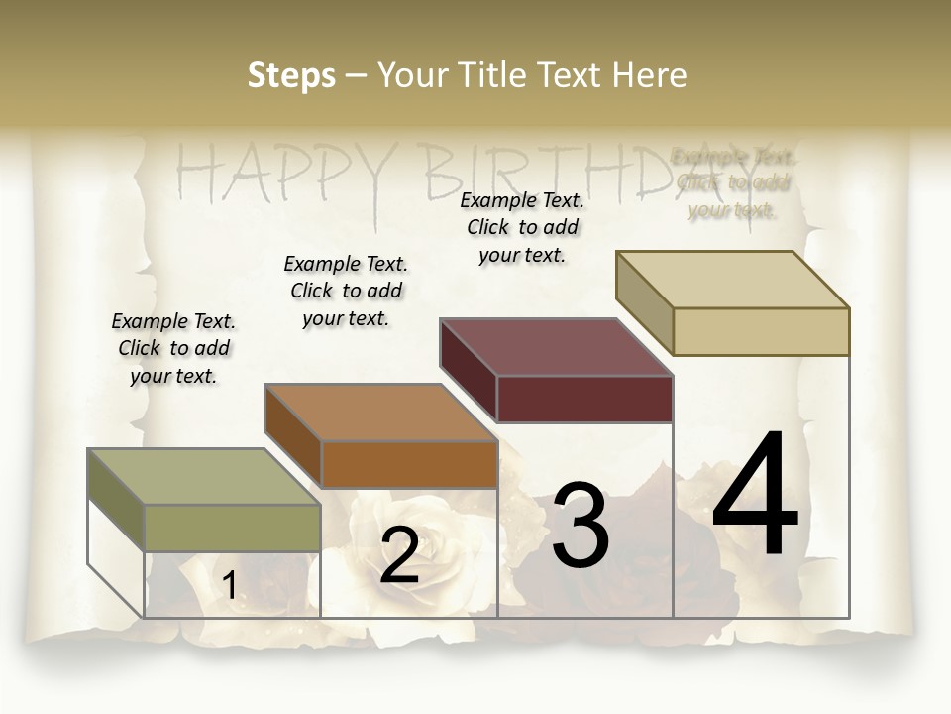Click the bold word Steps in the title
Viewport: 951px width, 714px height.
291,75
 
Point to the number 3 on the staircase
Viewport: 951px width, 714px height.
581,526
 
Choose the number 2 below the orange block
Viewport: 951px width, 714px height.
399,555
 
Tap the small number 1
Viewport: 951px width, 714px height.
229,586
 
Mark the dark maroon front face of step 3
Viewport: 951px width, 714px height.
584,400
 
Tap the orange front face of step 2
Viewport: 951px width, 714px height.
409,464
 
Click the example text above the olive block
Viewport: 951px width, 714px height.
173,348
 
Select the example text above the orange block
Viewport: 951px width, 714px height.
346,291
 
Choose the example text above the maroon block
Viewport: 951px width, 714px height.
522,227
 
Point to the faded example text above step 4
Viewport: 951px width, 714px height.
733,182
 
